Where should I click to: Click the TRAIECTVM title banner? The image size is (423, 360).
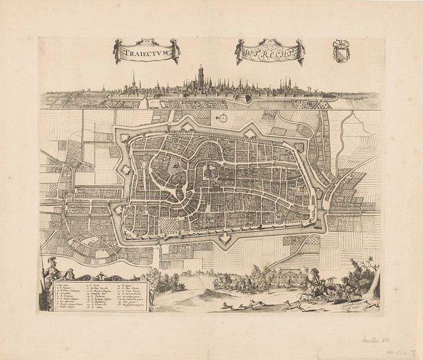(x=146, y=51)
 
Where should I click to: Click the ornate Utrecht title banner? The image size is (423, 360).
(x=270, y=52)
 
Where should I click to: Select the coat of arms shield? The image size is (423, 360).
(x=341, y=51)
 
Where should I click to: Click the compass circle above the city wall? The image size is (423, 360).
(x=223, y=118)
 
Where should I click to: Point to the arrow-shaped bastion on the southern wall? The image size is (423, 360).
(x=226, y=239)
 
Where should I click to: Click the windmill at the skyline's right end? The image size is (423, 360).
(x=313, y=91)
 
